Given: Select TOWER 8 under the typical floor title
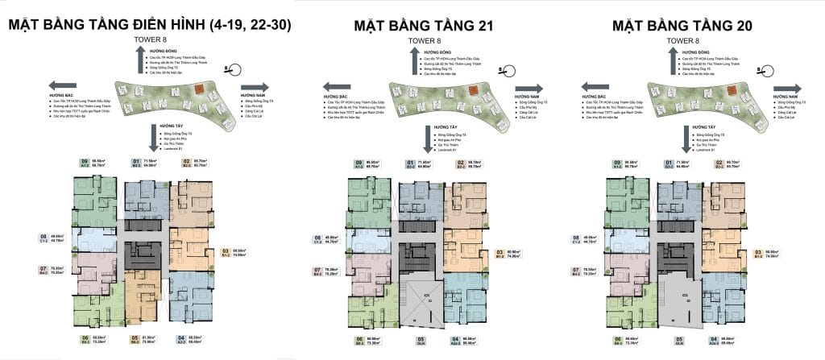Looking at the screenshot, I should click(x=152, y=39).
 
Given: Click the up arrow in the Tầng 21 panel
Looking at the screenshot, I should click(x=415, y=58).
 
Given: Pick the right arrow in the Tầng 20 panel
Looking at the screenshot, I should click(x=784, y=90).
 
